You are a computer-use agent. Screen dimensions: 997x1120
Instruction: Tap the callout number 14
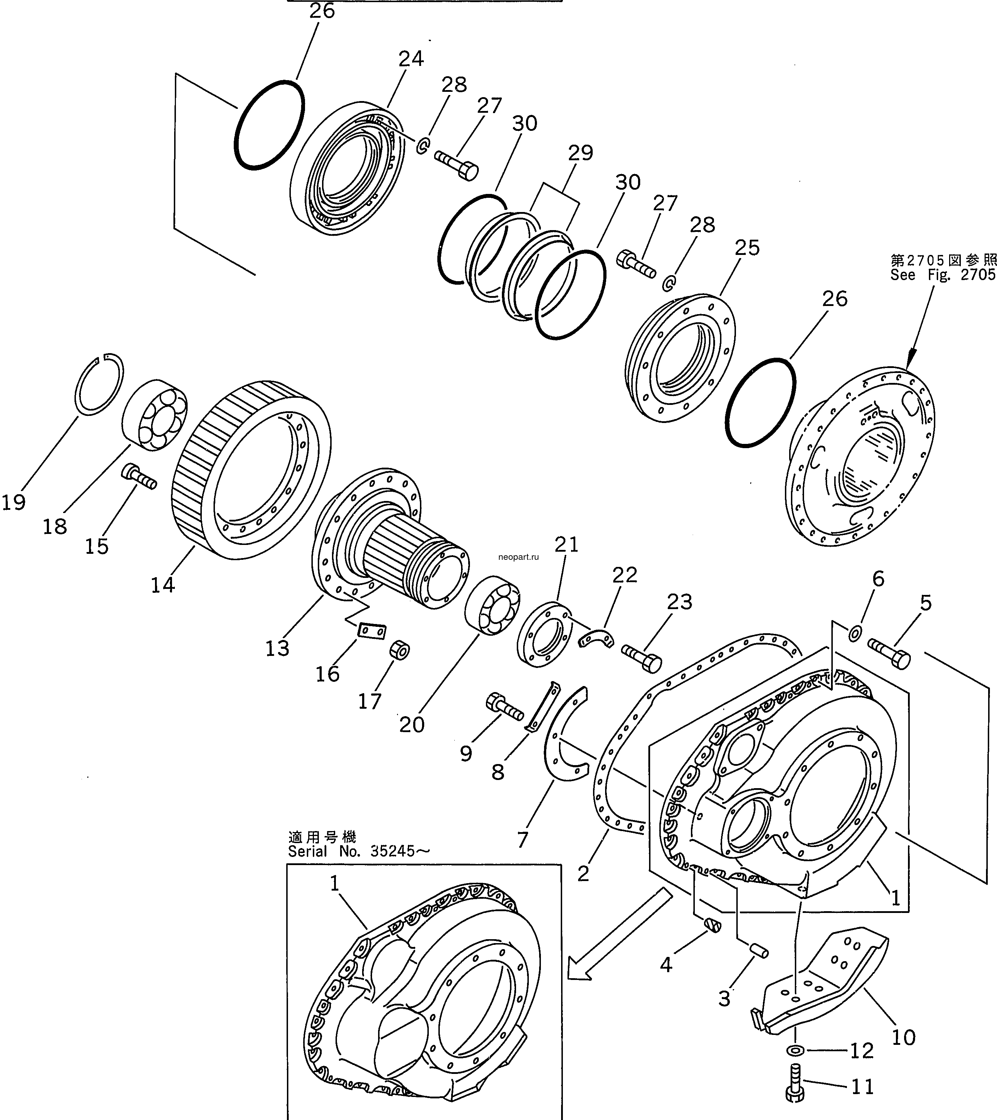point(163,585)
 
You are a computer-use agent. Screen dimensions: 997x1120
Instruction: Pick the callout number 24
point(411,58)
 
